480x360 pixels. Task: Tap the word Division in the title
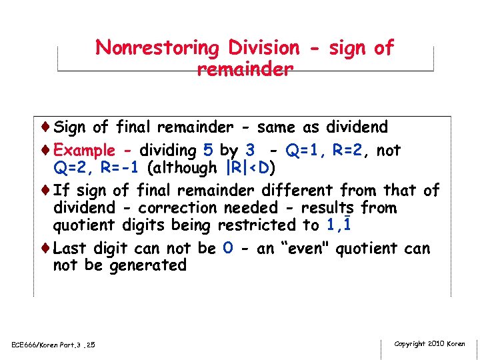[x=264, y=48]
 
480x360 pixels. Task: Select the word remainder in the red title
[x=245, y=69]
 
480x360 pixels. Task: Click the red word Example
[x=84, y=151]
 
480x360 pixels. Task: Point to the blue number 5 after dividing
[x=209, y=150]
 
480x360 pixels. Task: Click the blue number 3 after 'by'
[x=250, y=150]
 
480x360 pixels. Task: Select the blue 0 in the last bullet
[x=228, y=249]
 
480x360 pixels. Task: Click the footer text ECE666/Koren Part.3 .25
[x=54, y=345]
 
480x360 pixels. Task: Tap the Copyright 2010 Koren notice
[x=429, y=344]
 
